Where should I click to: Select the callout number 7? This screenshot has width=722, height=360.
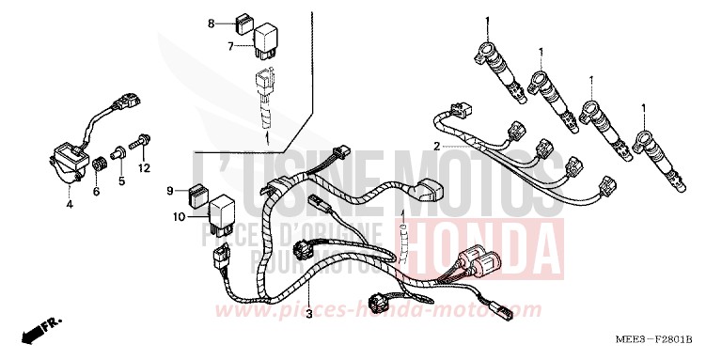click(x=229, y=44)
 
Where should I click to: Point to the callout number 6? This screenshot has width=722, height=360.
click(x=95, y=191)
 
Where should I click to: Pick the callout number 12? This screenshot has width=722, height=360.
click(x=144, y=168)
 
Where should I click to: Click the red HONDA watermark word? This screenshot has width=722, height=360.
click(x=486, y=240)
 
